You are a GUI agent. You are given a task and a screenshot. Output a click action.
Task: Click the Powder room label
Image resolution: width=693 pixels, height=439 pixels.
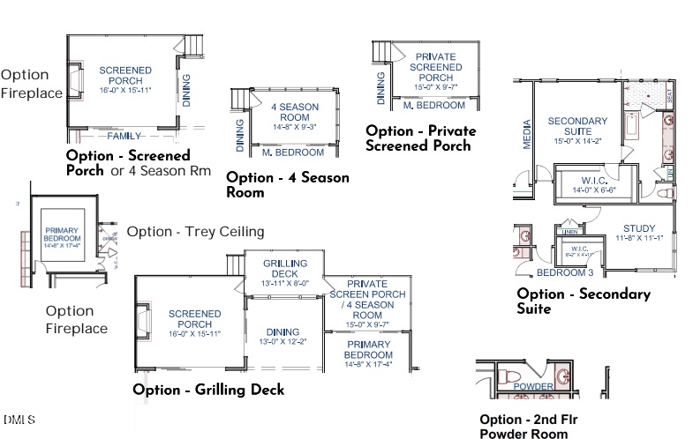(x=533, y=387)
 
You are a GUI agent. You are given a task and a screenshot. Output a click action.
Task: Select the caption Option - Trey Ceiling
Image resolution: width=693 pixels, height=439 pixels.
(x=195, y=232)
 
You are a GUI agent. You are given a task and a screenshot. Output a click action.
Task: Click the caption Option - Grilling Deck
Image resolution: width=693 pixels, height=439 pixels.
(x=208, y=389)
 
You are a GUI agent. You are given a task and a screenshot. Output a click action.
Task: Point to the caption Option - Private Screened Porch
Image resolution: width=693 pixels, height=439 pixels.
(x=420, y=138)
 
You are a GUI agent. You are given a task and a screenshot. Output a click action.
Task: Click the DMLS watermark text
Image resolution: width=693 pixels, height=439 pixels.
(x=19, y=418)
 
